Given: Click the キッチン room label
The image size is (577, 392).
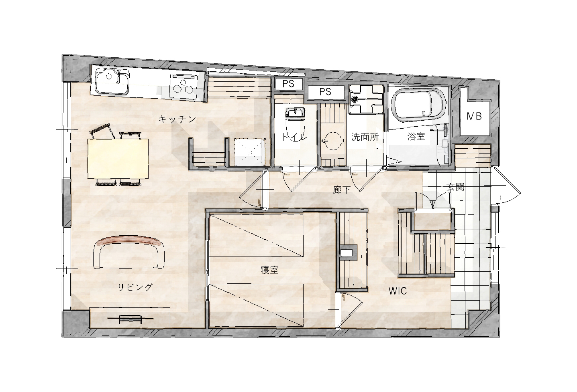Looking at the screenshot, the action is (177, 119).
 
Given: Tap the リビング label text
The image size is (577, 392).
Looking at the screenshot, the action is (135, 287).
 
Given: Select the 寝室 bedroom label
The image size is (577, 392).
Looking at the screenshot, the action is (269, 270).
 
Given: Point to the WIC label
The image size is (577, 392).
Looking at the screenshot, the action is (398, 291).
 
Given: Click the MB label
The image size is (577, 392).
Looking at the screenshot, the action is (474, 117).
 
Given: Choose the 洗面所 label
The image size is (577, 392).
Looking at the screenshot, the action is (365, 137).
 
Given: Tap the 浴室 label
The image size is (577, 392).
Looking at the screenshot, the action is (416, 136).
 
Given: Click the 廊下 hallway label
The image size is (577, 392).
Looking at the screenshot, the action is (342, 190).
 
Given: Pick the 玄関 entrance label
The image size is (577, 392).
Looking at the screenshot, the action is (455, 187).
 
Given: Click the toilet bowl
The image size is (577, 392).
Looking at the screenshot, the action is (295, 126).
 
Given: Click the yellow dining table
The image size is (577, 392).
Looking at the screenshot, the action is (118, 159).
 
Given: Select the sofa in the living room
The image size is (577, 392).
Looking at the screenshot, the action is (129, 252).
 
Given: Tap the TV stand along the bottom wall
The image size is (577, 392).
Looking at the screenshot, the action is (130, 318).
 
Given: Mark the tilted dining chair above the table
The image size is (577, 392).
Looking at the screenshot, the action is (102, 131).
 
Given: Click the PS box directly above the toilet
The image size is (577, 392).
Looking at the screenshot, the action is (288, 84).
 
